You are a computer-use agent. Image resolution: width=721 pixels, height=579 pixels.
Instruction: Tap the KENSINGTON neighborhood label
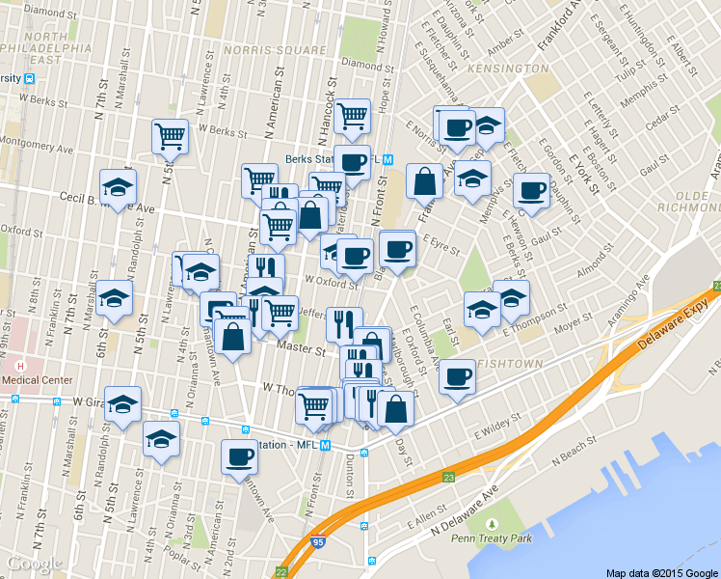click(507, 69)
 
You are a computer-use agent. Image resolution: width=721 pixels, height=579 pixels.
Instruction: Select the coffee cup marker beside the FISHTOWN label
click(458, 375)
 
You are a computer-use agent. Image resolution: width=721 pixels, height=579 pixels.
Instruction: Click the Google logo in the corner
click(34, 564)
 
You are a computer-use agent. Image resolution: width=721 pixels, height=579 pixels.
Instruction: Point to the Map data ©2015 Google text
click(661, 572)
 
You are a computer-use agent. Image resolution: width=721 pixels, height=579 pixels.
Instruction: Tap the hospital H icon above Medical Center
click(20, 366)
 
